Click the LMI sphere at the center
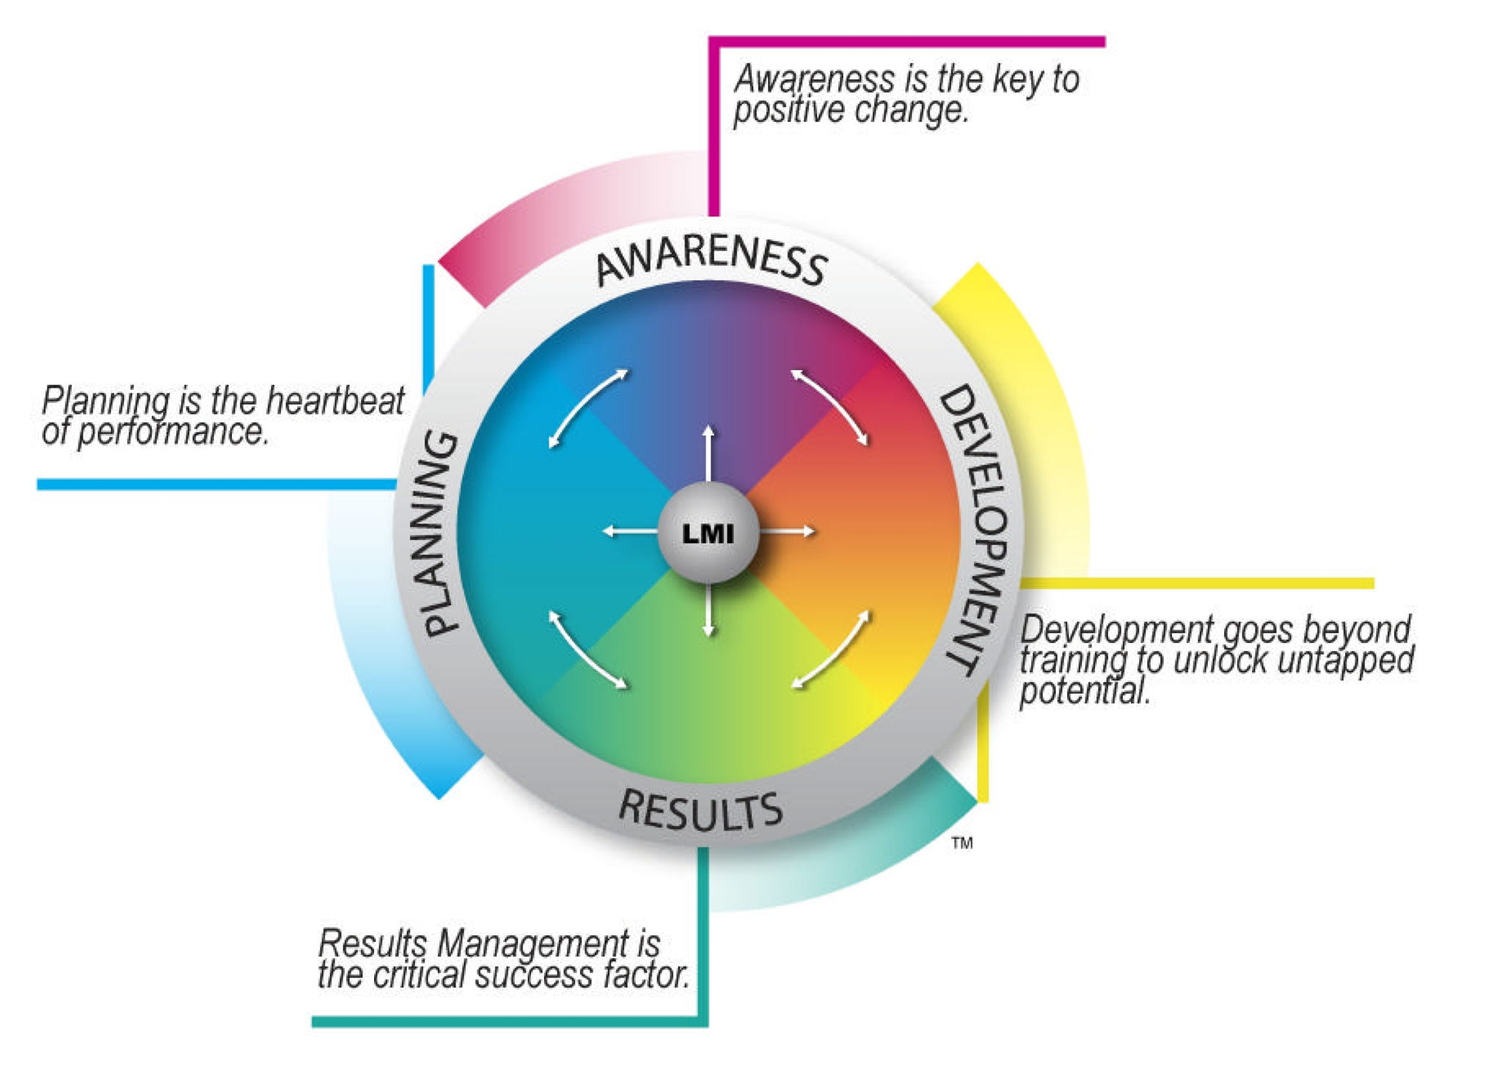[708, 533]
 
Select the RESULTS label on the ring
[700, 810]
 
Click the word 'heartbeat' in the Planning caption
[335, 401]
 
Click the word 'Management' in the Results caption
[532, 943]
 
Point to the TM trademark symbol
[962, 843]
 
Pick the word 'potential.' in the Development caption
[1084, 691]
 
